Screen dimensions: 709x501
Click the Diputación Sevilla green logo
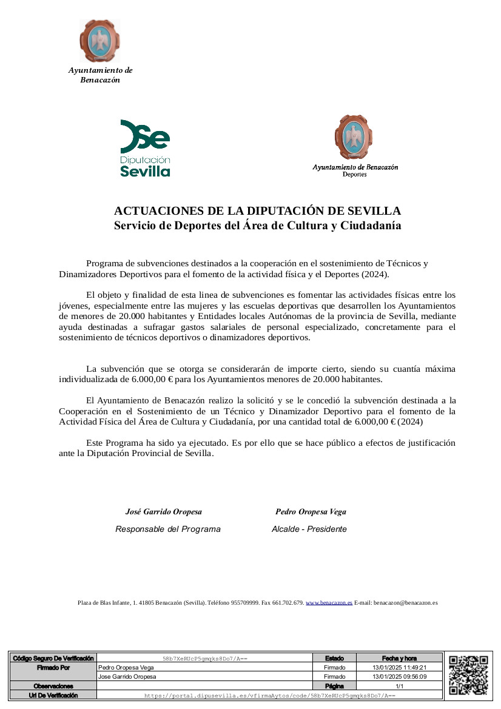click(x=145, y=148)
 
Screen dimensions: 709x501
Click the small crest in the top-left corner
click(x=99, y=41)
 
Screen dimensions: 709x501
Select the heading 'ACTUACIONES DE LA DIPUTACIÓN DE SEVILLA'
click(x=258, y=211)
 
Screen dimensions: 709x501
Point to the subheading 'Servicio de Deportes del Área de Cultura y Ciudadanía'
click(x=258, y=226)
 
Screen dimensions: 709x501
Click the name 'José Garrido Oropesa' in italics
click(x=164, y=512)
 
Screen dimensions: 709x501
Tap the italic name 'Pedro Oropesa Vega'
click(x=311, y=512)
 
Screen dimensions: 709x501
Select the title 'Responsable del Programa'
click(x=168, y=529)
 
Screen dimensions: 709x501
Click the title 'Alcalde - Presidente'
click(x=309, y=529)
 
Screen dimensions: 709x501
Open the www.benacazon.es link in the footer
click(x=329, y=603)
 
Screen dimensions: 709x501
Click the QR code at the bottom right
click(x=468, y=675)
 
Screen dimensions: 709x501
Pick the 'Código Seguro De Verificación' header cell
click(x=53, y=658)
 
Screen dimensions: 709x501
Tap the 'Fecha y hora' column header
click(x=399, y=658)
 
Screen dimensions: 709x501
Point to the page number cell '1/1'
click(x=399, y=685)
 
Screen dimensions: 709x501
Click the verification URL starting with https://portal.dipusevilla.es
click(x=270, y=695)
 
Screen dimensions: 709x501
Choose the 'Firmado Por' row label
click(x=53, y=667)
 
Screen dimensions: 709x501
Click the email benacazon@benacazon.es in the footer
click(x=405, y=603)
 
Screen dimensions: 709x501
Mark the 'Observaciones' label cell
click(x=53, y=685)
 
